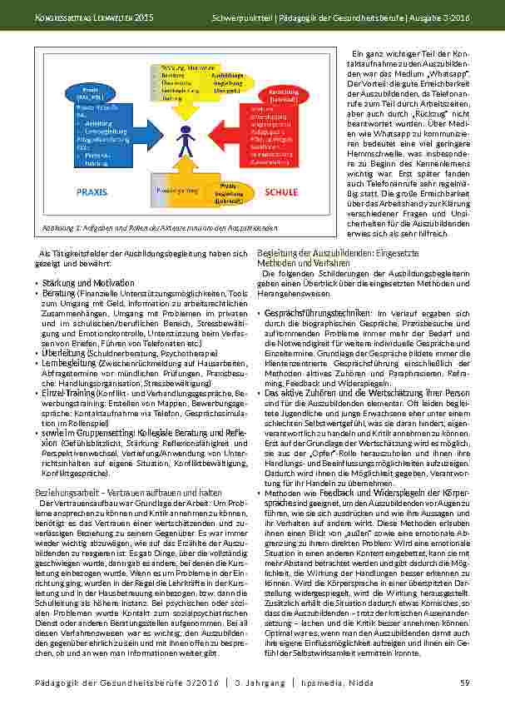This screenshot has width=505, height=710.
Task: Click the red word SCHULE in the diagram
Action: [281, 192]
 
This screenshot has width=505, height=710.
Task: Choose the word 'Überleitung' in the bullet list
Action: [63, 353]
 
